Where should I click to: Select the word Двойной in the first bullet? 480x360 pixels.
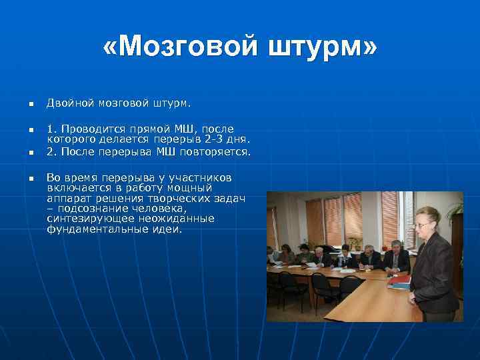point(71,103)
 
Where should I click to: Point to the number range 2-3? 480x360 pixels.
point(215,139)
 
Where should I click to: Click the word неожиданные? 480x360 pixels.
point(180,219)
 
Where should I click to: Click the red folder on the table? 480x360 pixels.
point(398,281)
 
